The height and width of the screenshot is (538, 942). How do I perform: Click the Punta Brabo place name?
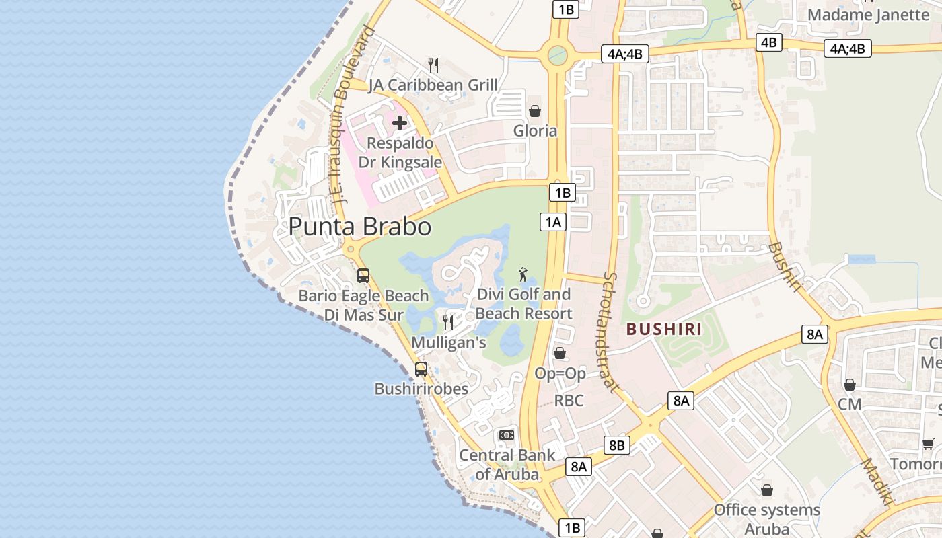[360, 227]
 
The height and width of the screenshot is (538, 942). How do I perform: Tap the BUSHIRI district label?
[664, 330]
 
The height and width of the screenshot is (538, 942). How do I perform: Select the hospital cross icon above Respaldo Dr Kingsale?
[400, 123]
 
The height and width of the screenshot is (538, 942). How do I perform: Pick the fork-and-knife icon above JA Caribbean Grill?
[433, 65]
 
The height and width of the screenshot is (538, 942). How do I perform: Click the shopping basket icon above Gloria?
[535, 111]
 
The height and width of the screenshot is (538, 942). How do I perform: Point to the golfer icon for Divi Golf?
[523, 274]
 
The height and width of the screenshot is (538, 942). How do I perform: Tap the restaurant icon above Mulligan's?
[448, 323]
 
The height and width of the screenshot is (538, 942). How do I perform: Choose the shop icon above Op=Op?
[559, 353]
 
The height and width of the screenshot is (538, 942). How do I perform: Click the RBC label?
[569, 401]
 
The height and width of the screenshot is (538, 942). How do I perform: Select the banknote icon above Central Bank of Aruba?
[507, 435]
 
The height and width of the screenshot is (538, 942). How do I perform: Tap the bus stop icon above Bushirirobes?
[421, 369]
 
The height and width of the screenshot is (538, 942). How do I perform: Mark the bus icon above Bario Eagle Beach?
[363, 276]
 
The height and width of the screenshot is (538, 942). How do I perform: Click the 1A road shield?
[552, 222]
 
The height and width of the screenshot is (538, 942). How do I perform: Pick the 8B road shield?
[616, 445]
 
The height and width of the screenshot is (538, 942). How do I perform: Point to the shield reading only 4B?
[768, 42]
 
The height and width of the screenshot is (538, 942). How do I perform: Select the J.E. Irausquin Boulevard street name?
[349, 114]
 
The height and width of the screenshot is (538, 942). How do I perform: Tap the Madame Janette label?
[868, 15]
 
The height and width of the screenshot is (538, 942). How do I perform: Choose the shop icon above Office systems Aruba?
[766, 490]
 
